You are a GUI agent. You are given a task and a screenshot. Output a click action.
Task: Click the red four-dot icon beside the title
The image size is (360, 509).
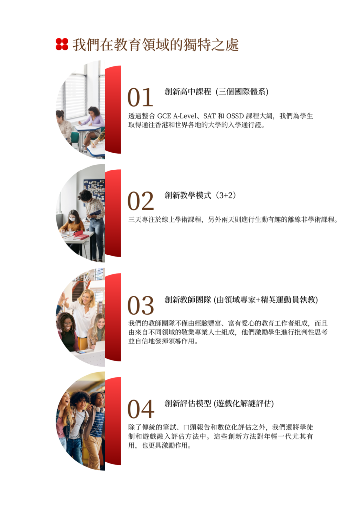pos(62,44)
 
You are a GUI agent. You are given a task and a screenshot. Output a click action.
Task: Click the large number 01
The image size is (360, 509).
pos(140,97)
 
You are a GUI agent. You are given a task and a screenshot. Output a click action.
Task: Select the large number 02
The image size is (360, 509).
pos(141,201)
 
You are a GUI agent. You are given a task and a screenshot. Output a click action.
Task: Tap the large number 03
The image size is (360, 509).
pos(141,305)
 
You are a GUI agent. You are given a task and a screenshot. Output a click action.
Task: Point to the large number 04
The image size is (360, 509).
pos(141,409)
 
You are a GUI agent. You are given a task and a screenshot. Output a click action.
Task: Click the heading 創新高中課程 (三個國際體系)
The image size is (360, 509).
pos(216,92)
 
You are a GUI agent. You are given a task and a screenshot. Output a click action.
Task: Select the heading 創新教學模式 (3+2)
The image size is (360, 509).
pos(200,195)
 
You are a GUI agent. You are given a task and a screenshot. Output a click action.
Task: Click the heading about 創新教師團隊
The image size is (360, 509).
pos(241,300)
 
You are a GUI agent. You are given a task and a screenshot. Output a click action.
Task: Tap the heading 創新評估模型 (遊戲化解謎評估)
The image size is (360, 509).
pos(219,404)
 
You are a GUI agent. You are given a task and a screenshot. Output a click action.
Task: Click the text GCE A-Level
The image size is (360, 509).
pos(177,116)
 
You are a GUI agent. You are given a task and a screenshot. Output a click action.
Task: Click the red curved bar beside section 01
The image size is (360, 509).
pos(113,109)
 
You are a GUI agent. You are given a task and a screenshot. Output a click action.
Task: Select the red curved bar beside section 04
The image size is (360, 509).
pos(113,421)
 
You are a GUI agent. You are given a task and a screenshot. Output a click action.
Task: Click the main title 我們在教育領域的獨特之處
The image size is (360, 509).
pos(156,44)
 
